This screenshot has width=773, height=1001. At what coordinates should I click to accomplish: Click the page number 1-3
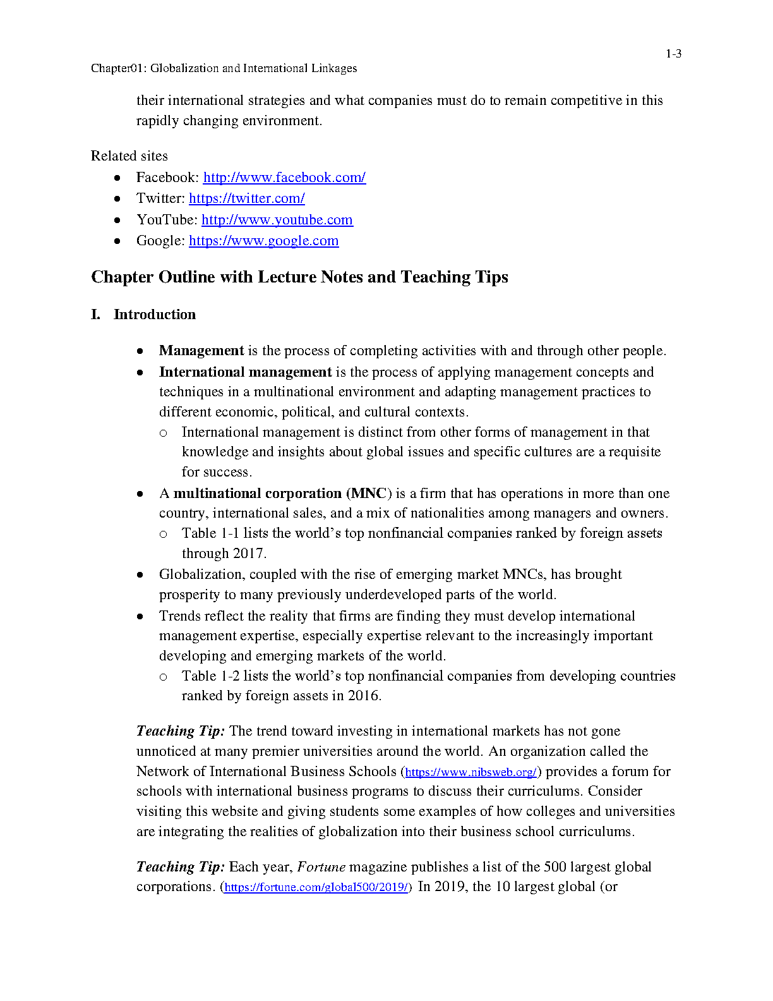[x=673, y=54]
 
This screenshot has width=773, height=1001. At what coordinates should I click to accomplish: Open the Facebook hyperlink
[x=284, y=178]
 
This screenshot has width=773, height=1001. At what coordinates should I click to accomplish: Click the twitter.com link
[x=246, y=198]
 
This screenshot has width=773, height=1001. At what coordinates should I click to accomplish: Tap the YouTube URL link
[x=277, y=220]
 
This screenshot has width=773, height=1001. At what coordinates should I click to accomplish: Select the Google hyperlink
[x=263, y=241]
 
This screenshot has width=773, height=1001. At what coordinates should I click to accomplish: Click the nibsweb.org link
[x=470, y=772]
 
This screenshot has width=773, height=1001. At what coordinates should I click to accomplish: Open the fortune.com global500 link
[x=316, y=887]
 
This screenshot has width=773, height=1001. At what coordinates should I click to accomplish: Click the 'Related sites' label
[x=129, y=156]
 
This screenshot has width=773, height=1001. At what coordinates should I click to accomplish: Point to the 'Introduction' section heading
[x=155, y=315]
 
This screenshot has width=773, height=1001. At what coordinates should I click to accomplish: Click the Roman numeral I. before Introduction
[x=95, y=315]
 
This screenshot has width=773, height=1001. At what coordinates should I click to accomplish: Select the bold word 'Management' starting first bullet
[x=201, y=351]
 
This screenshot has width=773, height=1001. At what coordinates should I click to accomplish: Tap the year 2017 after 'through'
[x=248, y=554]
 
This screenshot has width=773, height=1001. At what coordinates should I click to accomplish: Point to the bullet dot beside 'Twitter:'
[x=117, y=199]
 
